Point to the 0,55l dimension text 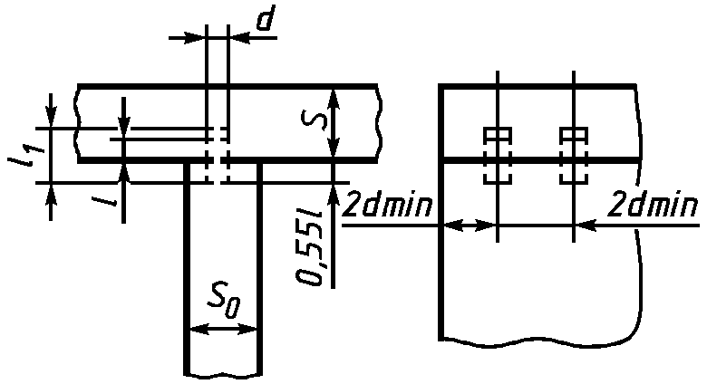pyautogui.click(x=311, y=246)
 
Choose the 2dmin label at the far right pyautogui.click(x=653, y=206)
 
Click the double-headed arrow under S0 pyautogui.click(x=223, y=330)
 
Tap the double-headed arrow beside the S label pyautogui.click(x=333, y=122)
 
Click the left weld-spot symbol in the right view pyautogui.click(x=498, y=156)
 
